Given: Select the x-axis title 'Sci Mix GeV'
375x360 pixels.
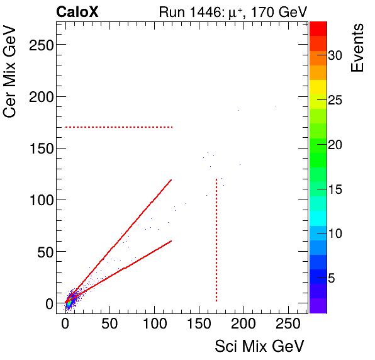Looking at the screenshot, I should (x=259, y=346).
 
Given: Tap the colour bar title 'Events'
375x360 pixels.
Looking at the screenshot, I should (x=357, y=48).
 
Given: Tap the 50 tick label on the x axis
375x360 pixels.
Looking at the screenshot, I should (x=109, y=324).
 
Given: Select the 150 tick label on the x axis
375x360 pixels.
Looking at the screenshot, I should (x=199, y=324).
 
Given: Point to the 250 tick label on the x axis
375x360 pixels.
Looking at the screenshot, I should (x=288, y=324).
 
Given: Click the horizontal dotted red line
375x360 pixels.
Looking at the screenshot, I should (x=119, y=127).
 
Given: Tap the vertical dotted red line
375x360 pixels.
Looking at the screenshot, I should (x=216, y=239).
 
